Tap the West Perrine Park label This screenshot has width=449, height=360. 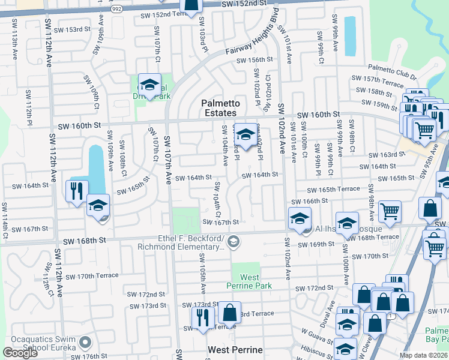(x=250, y=282)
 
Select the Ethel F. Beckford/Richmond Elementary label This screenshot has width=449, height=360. (x=190, y=242)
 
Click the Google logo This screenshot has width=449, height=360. (x=20, y=353)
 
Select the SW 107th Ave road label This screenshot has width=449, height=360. (x=169, y=164)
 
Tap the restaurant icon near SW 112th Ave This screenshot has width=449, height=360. (x=77, y=192)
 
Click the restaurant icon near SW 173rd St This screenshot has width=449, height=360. (x=203, y=317)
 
